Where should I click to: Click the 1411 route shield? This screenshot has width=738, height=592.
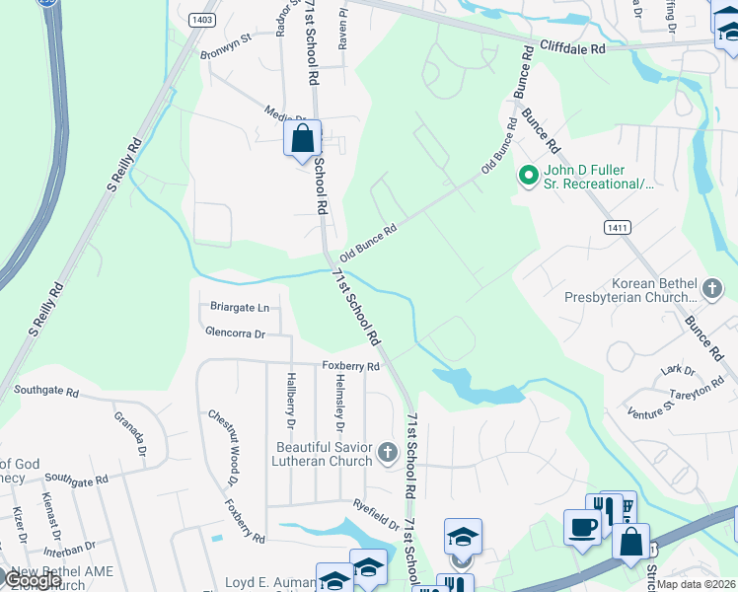click(616, 227)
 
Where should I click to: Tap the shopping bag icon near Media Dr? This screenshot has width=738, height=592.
click(303, 138)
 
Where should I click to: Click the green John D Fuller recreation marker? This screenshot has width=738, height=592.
click(528, 176)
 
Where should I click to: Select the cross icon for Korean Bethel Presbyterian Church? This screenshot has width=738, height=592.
click(714, 289)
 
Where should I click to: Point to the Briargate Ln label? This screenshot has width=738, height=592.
click(240, 307)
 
